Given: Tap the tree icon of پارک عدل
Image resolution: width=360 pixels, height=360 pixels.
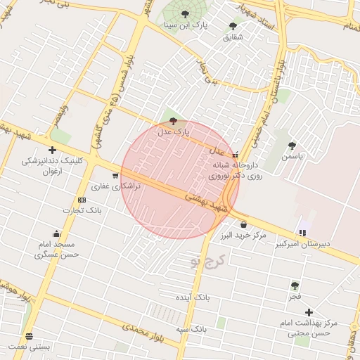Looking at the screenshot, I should click(x=173, y=121).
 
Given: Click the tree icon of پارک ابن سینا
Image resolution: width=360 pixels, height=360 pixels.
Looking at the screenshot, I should click(x=185, y=14).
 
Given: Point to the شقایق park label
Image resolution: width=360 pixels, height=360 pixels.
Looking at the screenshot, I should click(x=233, y=37).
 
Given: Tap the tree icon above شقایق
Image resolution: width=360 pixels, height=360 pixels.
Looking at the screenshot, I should click(x=233, y=26).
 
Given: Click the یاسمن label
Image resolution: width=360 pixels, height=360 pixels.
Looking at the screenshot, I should click(x=292, y=156).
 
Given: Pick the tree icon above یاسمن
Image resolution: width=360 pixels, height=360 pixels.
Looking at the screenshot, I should click(x=292, y=146).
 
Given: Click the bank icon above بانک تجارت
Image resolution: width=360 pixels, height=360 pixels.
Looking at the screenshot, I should click(x=82, y=200).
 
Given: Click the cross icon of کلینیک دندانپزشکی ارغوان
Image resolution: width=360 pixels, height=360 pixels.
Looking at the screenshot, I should click(x=52, y=150).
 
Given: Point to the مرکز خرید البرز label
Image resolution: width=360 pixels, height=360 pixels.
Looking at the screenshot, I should click(x=243, y=234).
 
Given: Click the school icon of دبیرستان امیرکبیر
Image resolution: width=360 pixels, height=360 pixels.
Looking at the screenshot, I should click(x=302, y=233).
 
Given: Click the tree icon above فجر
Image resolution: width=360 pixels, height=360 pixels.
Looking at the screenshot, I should click(x=295, y=285).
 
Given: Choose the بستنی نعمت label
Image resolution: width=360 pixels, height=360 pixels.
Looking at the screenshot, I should click(x=29, y=347).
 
